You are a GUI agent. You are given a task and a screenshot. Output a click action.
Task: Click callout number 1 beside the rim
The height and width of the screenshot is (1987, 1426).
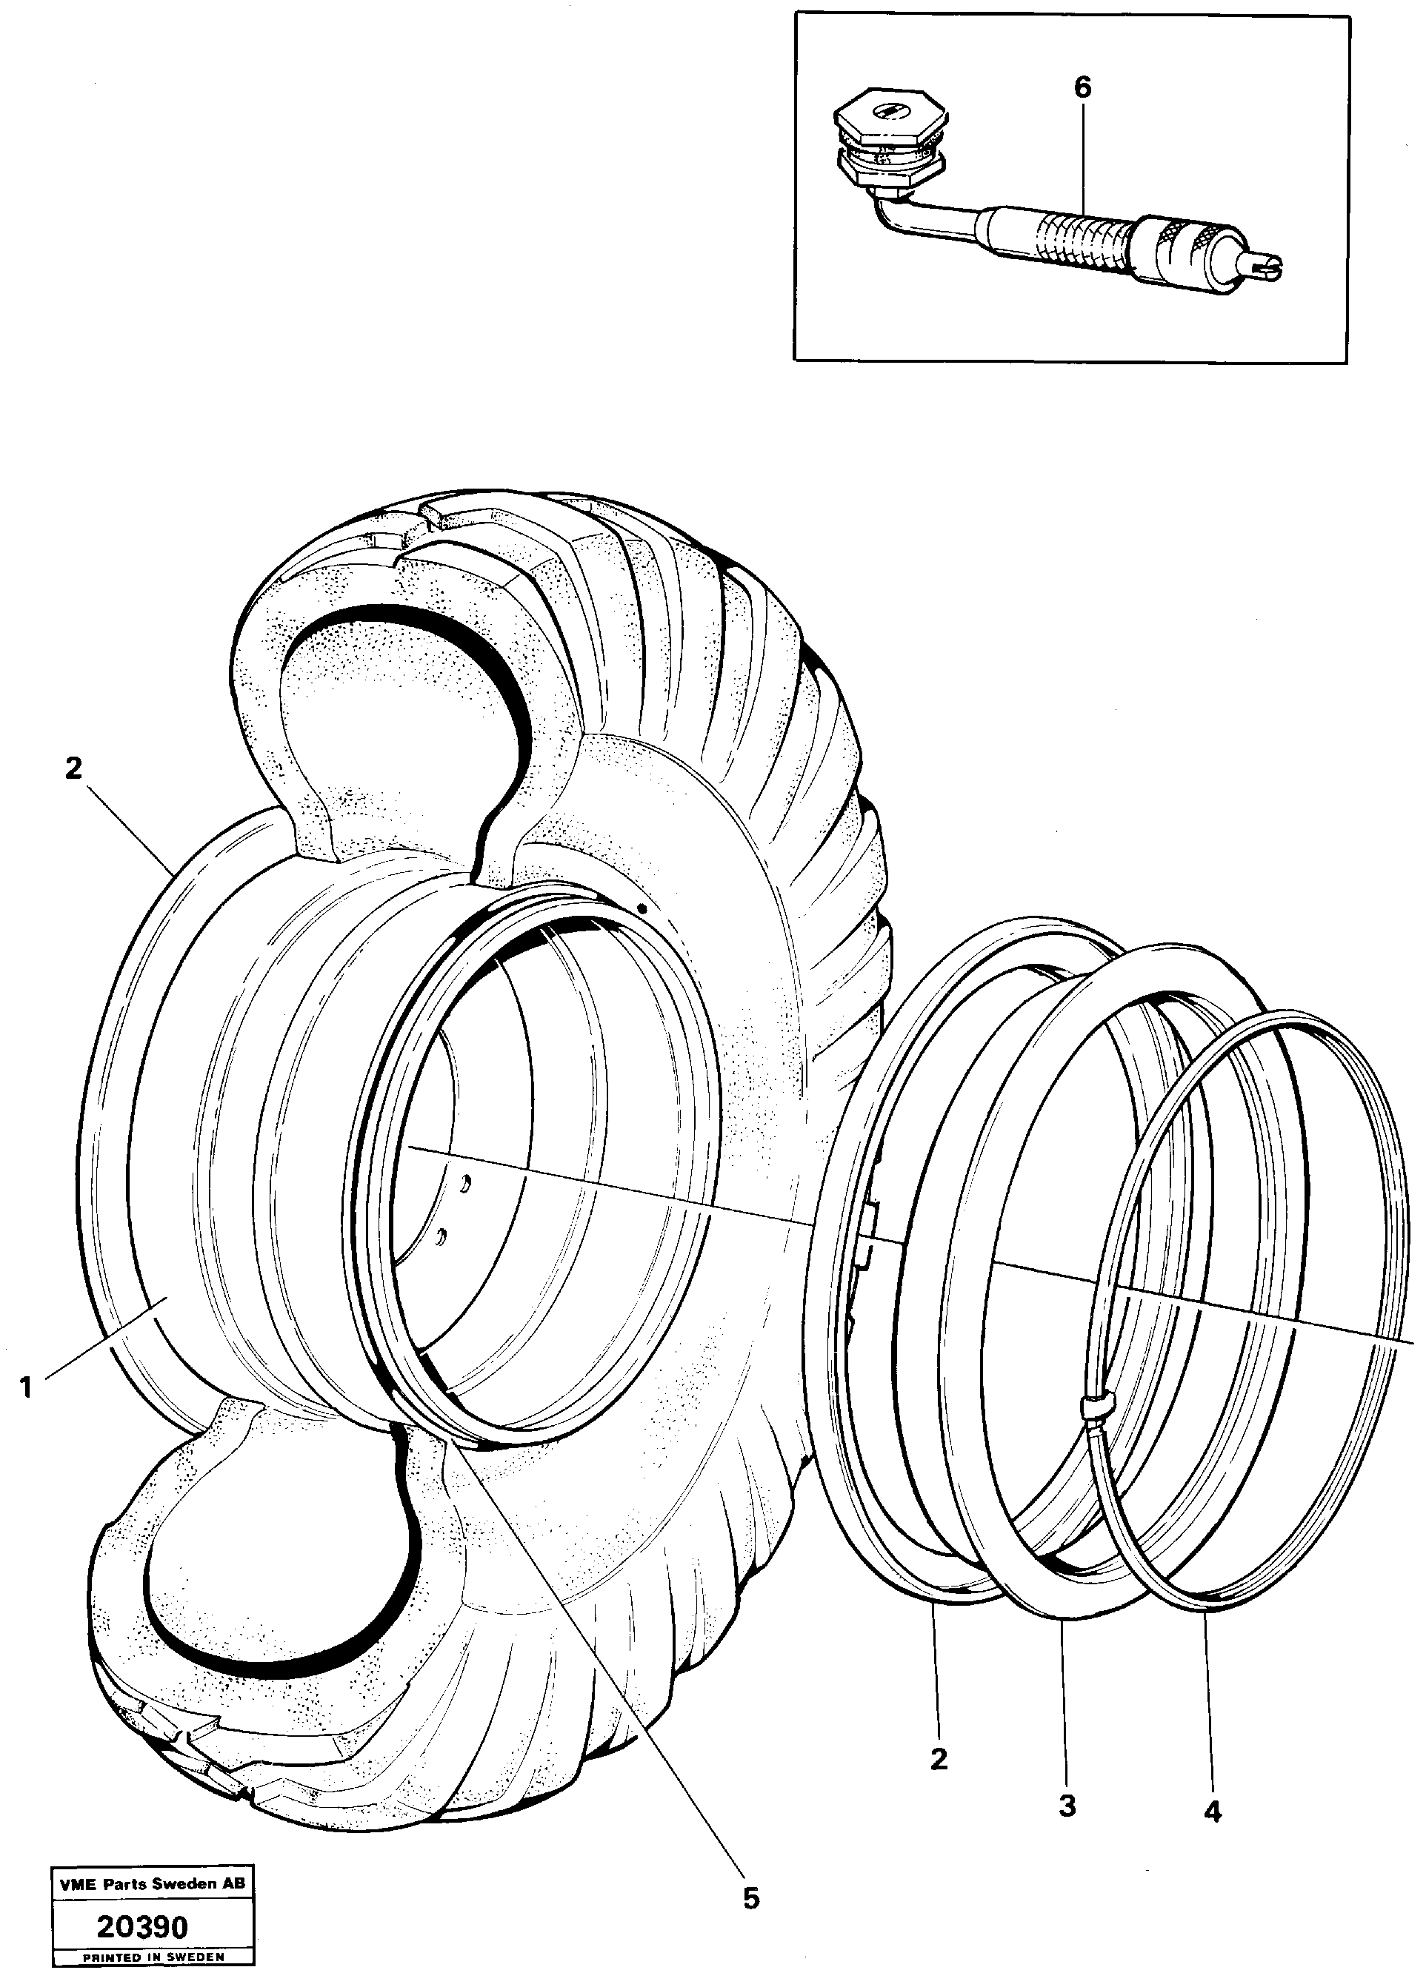(25, 1388)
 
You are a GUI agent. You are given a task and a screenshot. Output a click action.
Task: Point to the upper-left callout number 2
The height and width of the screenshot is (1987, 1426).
(73, 768)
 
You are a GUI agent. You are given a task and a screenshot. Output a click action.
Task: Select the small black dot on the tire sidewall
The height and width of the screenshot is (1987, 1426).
(642, 908)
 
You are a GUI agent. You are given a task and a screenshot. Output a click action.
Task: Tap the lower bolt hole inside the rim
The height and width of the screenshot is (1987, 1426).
(442, 1237)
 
